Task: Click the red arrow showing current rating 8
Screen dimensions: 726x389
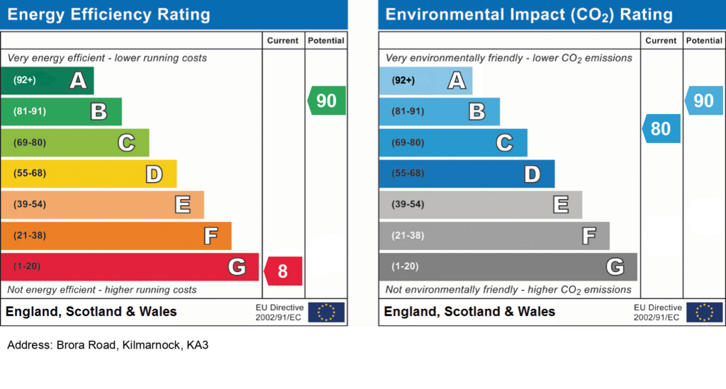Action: click(x=283, y=271)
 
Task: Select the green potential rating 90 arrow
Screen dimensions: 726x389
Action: click(x=326, y=101)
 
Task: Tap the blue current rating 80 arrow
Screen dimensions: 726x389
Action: click(x=661, y=128)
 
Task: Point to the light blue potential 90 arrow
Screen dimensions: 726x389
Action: click(x=704, y=101)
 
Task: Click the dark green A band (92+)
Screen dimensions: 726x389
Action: click(x=48, y=81)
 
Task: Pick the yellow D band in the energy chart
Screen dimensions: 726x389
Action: click(x=89, y=174)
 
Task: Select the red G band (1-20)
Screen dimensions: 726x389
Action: click(x=130, y=267)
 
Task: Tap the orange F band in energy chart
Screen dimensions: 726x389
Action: click(x=116, y=236)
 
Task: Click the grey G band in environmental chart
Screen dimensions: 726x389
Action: click(x=508, y=267)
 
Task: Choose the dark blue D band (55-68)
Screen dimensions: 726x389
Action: click(x=467, y=174)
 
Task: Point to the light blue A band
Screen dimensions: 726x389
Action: click(x=425, y=81)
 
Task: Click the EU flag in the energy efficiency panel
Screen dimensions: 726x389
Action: click(x=326, y=312)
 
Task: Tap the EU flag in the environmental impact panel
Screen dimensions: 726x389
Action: click(x=704, y=312)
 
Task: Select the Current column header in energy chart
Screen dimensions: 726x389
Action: click(x=282, y=40)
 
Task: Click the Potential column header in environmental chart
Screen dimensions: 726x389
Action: click(x=704, y=40)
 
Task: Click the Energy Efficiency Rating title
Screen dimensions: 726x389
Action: click(x=108, y=15)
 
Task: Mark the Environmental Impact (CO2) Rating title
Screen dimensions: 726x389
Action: click(x=529, y=15)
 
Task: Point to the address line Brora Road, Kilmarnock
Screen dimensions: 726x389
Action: click(x=108, y=345)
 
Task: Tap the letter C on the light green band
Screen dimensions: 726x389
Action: click(x=126, y=143)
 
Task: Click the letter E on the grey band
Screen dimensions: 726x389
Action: click(x=561, y=205)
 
